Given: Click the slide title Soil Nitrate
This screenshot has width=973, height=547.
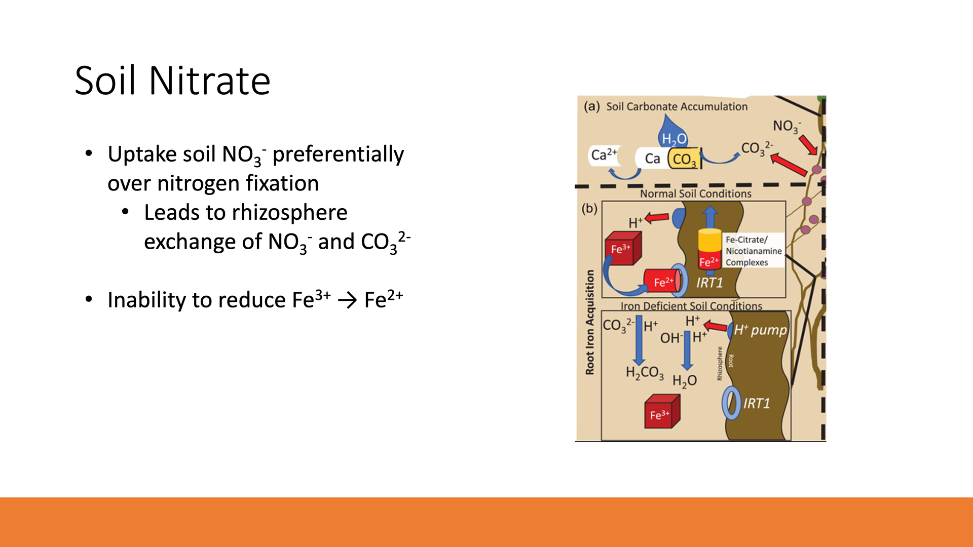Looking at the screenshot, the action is [173, 81].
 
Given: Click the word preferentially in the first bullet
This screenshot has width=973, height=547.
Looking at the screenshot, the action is [338, 154].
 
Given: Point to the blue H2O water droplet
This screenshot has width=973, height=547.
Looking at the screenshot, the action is [672, 132].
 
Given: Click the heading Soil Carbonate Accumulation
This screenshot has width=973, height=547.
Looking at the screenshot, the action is [677, 106].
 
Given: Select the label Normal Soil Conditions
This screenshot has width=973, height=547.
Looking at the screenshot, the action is [696, 193].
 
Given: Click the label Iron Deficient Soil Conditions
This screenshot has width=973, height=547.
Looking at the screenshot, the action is [691, 306].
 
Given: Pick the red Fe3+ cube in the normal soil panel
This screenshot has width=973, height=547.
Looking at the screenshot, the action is [623, 248].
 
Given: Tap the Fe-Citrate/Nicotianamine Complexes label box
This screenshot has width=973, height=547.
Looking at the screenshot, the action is [754, 251].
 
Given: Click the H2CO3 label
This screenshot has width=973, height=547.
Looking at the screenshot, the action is [645, 373].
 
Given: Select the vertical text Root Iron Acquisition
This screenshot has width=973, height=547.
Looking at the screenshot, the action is [589, 322].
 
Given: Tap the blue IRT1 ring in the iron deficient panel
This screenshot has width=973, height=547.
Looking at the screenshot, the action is [731, 403].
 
